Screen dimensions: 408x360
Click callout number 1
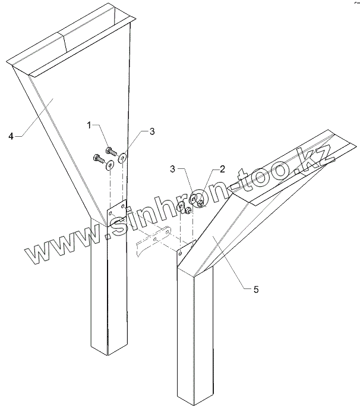(x=89, y=125)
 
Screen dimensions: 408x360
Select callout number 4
(x=11, y=136)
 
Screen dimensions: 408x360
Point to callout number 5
(x=255, y=290)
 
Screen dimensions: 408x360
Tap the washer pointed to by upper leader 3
(x=122, y=158)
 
